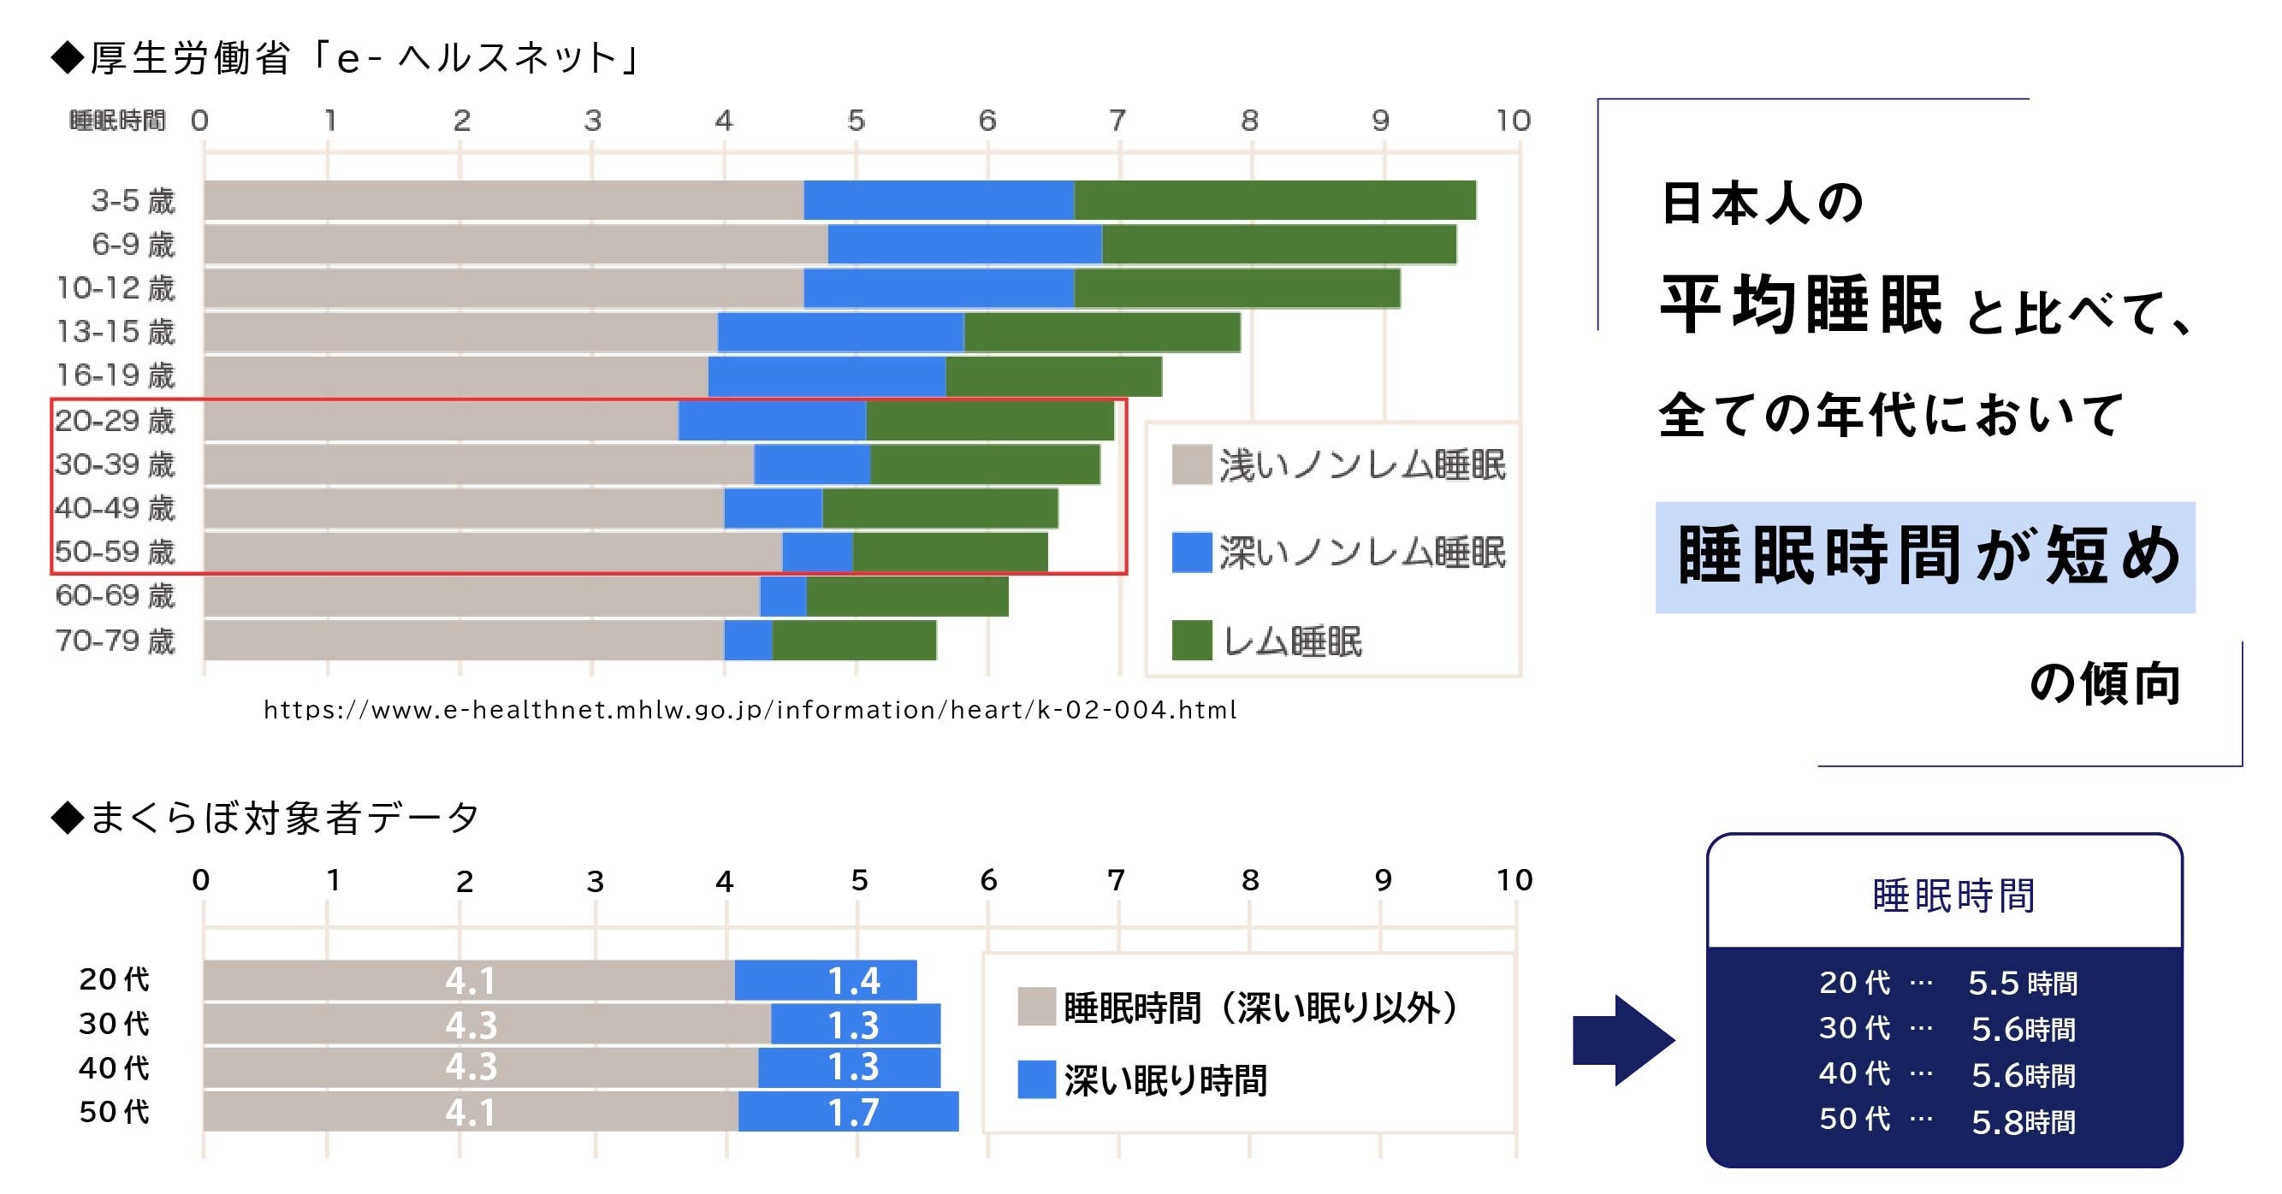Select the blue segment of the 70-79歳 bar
point(748,640)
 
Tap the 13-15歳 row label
point(116,331)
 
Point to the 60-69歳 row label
point(116,595)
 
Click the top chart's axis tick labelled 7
point(1118,121)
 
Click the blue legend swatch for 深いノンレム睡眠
point(1192,553)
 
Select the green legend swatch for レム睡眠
point(1192,641)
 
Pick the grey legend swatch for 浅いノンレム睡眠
point(1192,465)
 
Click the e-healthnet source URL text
point(750,711)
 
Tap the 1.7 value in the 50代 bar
point(852,1113)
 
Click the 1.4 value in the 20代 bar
point(852,980)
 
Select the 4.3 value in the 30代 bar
point(471,1025)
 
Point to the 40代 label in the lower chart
point(114,1068)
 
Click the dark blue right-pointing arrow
point(1623,1040)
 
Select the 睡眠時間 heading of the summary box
point(1953,895)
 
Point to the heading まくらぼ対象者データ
point(283,817)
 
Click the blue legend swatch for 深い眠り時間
point(1035,1079)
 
